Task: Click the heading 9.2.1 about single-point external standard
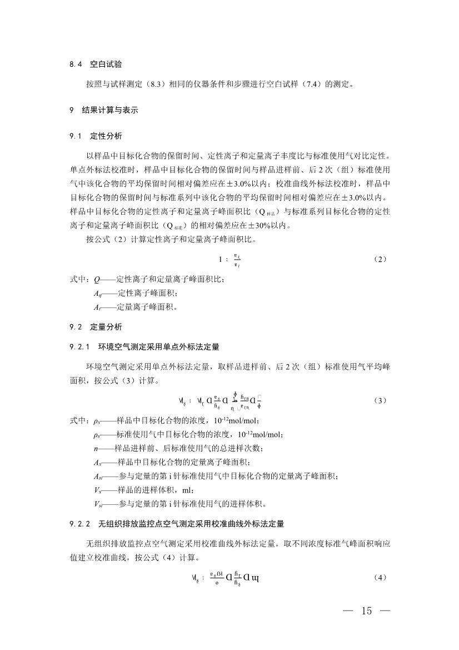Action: [144, 347]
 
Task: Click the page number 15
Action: [366, 612]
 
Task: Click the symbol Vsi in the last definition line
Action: [98, 504]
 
